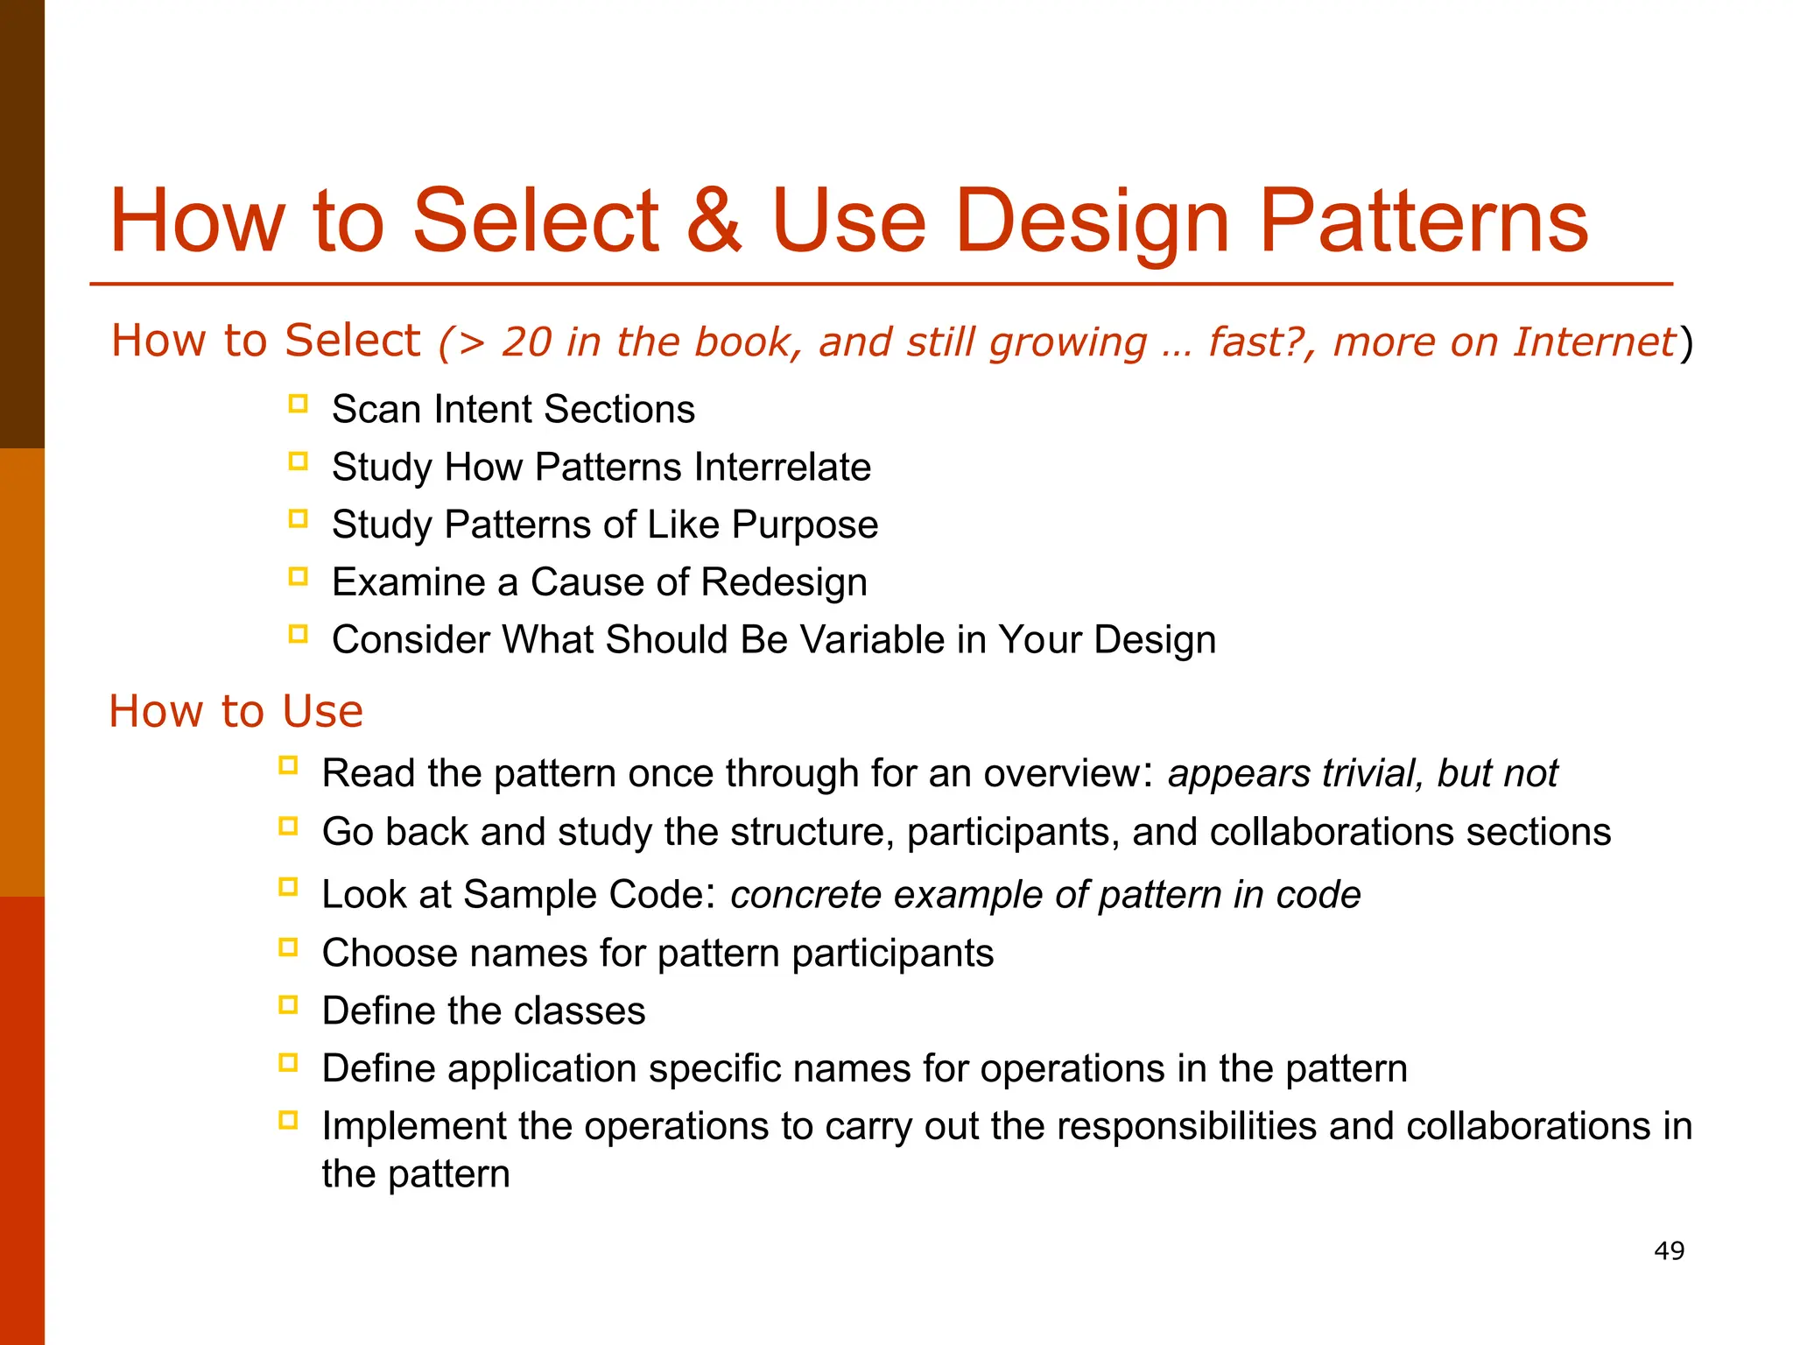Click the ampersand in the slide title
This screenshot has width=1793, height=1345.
pyautogui.click(x=714, y=222)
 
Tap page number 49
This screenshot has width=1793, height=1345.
pyautogui.click(x=1669, y=1250)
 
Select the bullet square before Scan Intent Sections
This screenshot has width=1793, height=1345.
pyautogui.click(x=298, y=404)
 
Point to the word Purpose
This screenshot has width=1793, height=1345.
pyautogui.click(x=805, y=525)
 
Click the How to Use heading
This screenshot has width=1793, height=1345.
pyautogui.click(x=236, y=710)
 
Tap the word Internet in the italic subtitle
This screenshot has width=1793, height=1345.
pyautogui.click(x=1593, y=342)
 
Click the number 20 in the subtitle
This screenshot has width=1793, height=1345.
pyautogui.click(x=526, y=342)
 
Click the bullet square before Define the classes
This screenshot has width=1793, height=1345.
pyautogui.click(x=288, y=1004)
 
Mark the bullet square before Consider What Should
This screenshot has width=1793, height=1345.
pyautogui.click(x=298, y=634)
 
